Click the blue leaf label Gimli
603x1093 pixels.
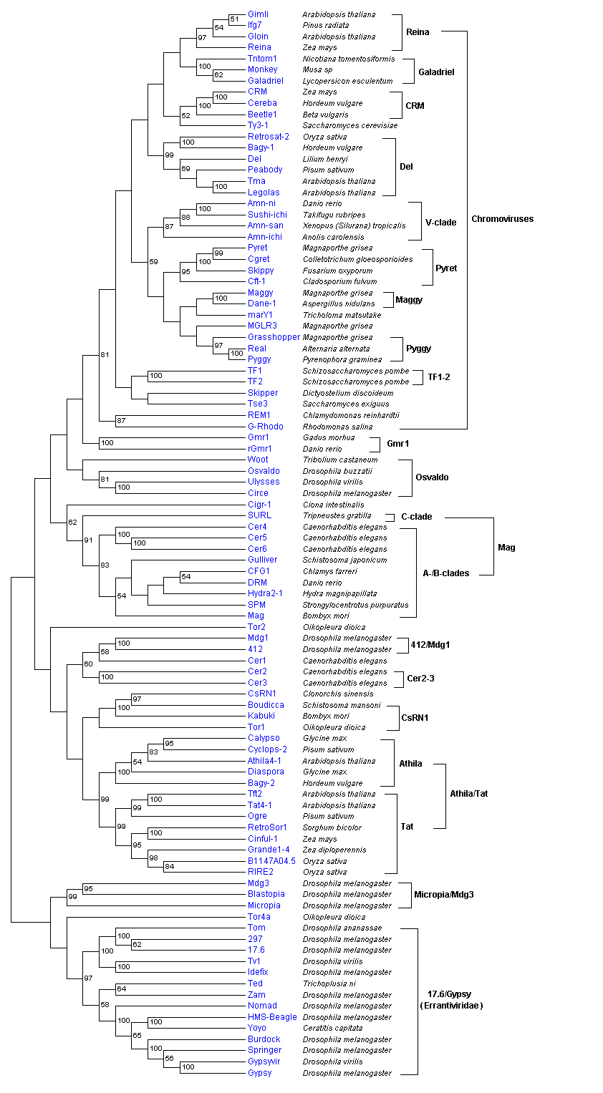tap(259, 14)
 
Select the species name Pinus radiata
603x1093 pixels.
tap(326, 25)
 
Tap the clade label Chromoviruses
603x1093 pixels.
tap(502, 219)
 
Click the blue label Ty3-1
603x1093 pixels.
tap(258, 125)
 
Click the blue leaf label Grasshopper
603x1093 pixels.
tap(274, 337)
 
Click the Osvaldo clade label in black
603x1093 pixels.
tap(432, 477)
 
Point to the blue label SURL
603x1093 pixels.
tap(259, 515)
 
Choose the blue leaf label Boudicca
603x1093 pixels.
tap(266, 705)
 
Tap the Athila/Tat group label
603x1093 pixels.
tap(469, 793)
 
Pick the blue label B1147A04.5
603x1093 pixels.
tap(271, 861)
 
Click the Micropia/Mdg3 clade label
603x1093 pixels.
tap(444, 895)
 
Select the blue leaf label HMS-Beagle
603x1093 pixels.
tap(272, 1017)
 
